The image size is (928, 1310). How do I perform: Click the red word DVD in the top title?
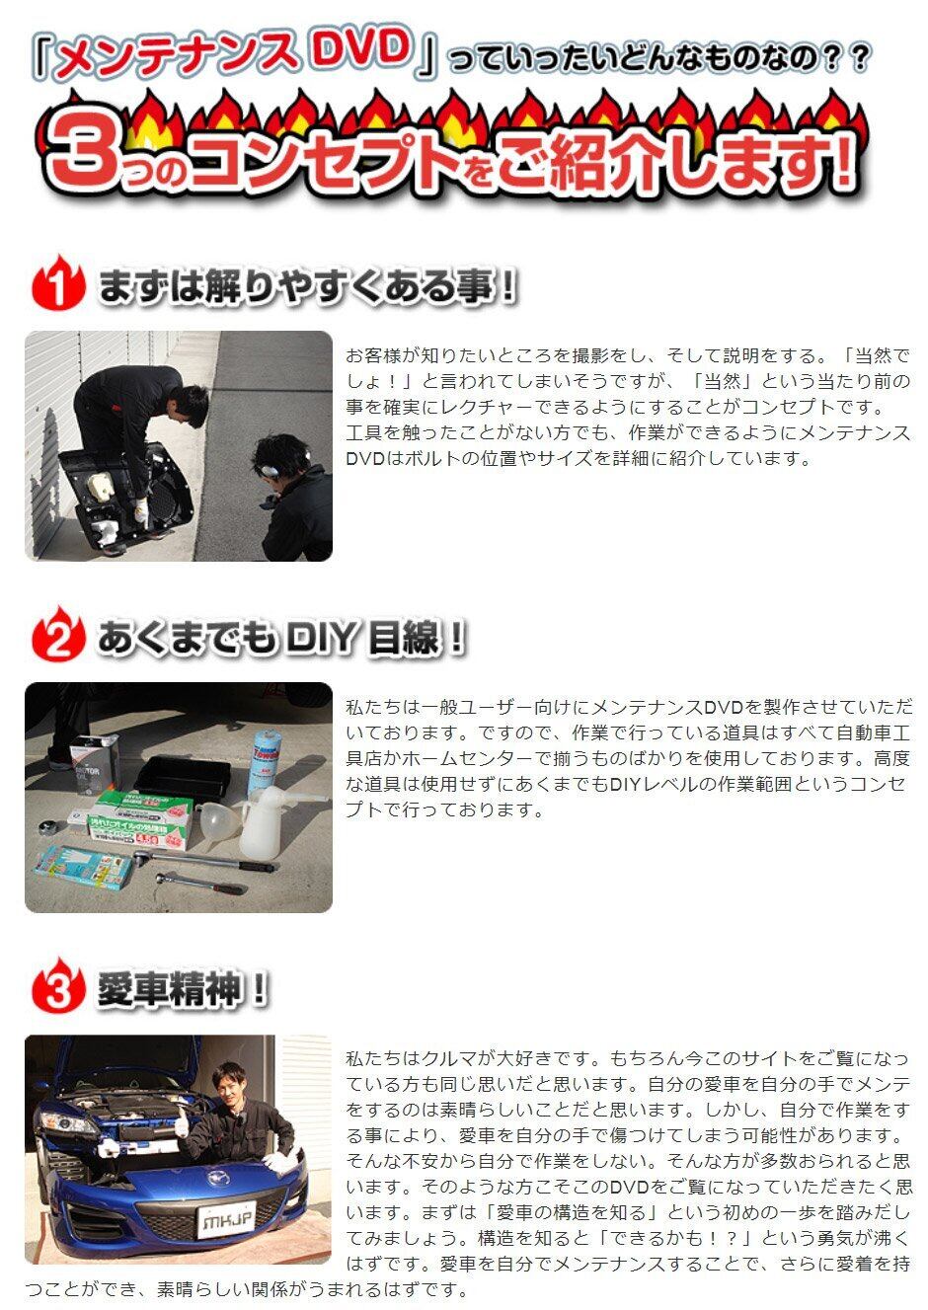click(360, 51)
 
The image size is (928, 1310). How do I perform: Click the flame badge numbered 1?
click(58, 282)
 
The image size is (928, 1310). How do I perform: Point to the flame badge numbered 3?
click(58, 985)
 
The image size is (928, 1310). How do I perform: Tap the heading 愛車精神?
click(169, 989)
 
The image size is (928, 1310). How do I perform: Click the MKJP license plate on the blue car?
click(227, 1219)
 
